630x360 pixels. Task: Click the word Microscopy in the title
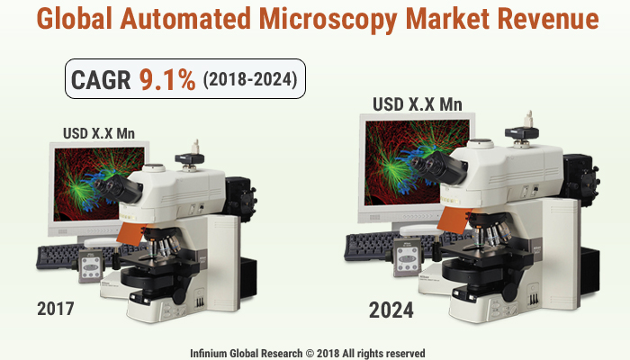[x=346, y=18]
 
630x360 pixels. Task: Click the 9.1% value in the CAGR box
[x=166, y=79]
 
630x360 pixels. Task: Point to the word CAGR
[x=102, y=79]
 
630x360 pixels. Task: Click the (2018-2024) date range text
[x=249, y=80]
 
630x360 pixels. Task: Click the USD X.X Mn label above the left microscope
[x=99, y=133]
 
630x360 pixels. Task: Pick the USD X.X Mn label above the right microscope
[x=418, y=103]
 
